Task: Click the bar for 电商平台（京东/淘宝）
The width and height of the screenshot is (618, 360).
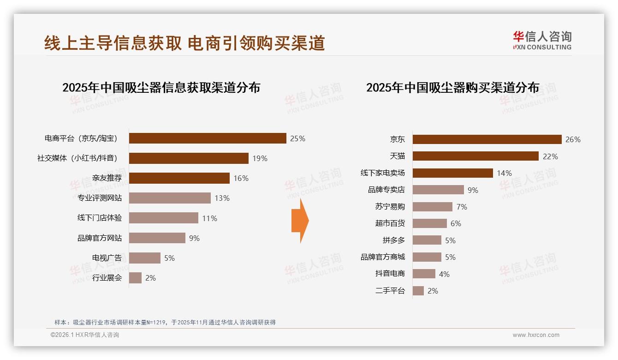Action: [x=208, y=138]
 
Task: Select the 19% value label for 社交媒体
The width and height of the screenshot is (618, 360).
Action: [x=260, y=158]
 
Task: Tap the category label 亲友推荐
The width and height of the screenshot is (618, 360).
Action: [x=107, y=178]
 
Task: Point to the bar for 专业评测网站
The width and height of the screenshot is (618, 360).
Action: [x=170, y=198]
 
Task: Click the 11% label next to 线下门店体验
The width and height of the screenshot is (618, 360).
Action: [x=209, y=218]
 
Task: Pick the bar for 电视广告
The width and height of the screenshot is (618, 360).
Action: [x=145, y=258]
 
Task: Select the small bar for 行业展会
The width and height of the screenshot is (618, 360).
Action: [x=135, y=278]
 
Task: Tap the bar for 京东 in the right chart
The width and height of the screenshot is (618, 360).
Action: [x=487, y=139]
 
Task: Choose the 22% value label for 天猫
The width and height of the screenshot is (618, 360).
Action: [x=550, y=156]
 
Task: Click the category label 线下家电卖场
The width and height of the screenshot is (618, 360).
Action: [x=382, y=173]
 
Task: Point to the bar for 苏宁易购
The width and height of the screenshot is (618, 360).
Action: [x=432, y=207]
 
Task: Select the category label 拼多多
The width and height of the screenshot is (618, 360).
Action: [x=393, y=240]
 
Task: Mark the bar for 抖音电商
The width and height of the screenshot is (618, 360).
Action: [x=424, y=274]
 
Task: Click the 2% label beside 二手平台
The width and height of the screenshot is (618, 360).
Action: [x=433, y=291]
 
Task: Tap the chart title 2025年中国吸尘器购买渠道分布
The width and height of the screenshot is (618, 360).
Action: [x=452, y=87]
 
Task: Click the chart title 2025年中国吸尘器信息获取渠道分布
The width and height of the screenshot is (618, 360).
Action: [x=161, y=87]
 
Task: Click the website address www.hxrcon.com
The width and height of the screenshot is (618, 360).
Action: [x=536, y=335]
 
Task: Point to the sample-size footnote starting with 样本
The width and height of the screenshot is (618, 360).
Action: [x=165, y=322]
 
